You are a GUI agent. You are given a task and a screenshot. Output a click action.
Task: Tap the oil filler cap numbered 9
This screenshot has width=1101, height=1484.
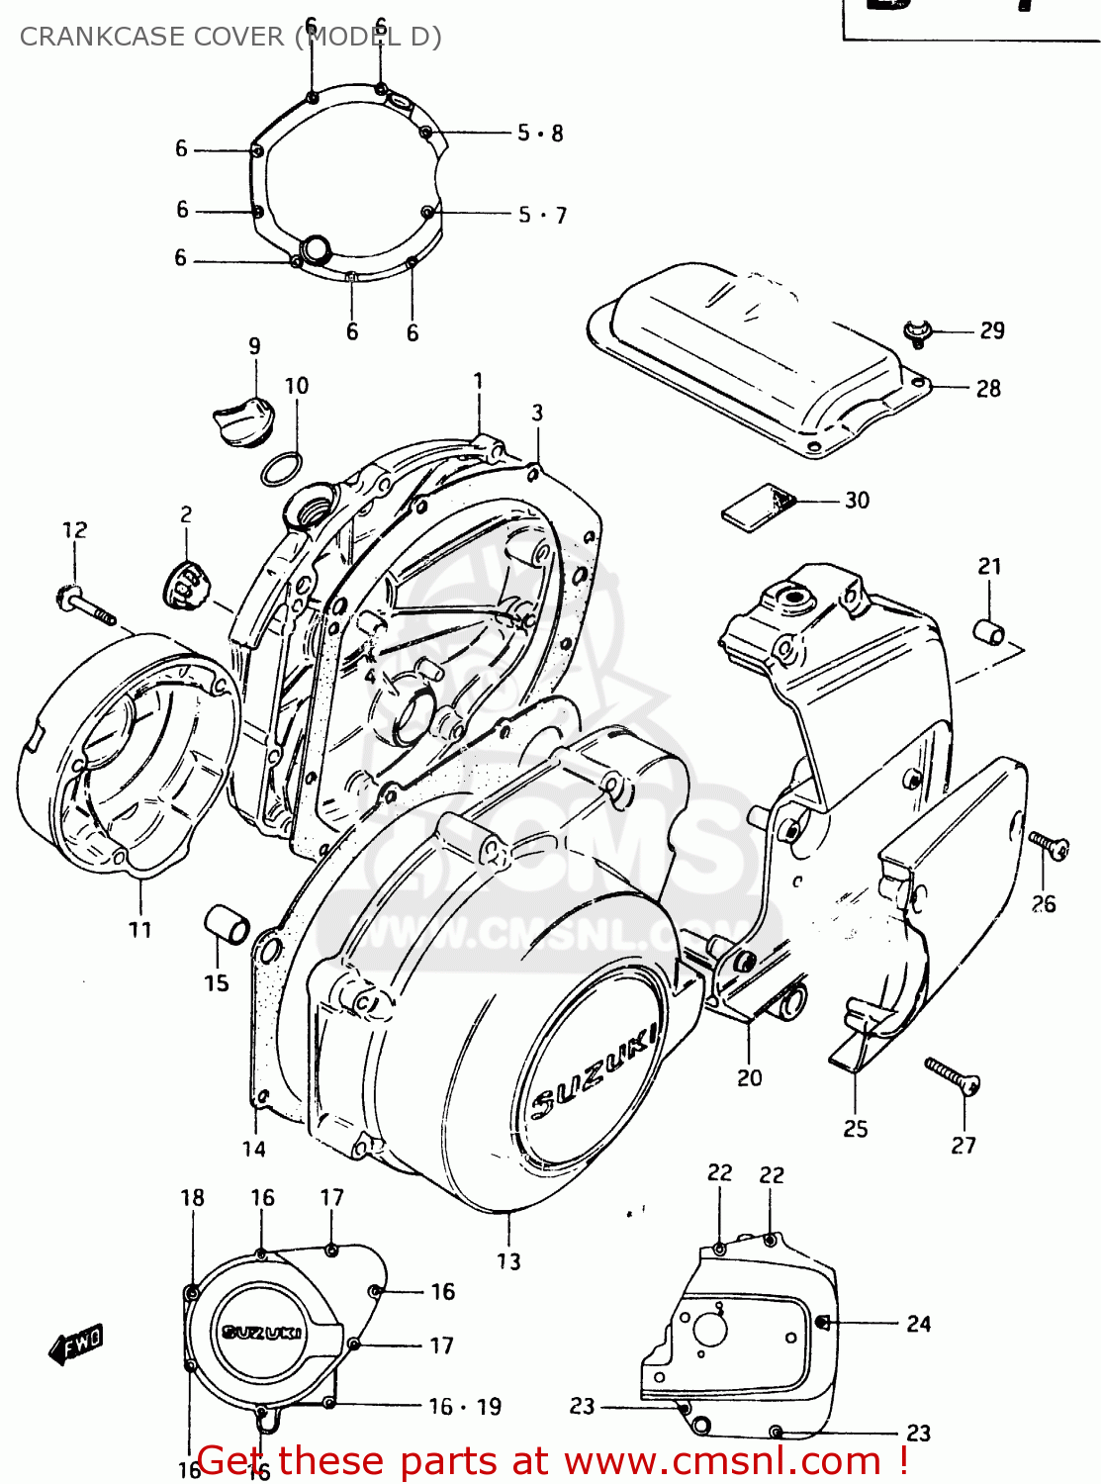point(241,420)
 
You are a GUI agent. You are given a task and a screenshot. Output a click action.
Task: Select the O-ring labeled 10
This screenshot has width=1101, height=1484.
point(282,469)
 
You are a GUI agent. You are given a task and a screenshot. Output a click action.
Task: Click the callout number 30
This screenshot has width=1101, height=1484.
point(857,501)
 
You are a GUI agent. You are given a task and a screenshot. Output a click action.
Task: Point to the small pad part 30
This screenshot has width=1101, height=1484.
point(758,507)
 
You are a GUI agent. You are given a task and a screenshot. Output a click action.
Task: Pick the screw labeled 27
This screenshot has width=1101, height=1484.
point(952,1075)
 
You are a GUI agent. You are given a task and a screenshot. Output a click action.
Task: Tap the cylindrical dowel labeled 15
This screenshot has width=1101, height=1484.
point(227,925)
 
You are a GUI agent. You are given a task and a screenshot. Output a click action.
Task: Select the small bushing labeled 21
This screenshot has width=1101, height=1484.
point(990,630)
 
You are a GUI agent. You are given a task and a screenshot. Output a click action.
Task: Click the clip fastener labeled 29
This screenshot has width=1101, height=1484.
point(919,332)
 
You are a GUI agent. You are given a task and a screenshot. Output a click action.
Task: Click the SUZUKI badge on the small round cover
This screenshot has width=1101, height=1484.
point(262,1333)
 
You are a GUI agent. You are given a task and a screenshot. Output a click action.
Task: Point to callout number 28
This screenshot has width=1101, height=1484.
point(988,389)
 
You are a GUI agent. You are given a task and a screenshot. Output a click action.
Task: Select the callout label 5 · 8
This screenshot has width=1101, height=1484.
point(540,134)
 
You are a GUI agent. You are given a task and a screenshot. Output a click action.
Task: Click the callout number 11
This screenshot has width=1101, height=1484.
point(140,930)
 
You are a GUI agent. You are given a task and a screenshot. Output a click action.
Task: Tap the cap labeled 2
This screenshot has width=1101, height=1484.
point(185,586)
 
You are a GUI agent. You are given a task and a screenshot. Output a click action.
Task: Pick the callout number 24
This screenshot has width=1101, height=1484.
point(919,1324)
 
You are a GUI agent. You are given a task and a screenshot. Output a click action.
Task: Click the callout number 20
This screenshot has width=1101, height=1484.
point(749,1078)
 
